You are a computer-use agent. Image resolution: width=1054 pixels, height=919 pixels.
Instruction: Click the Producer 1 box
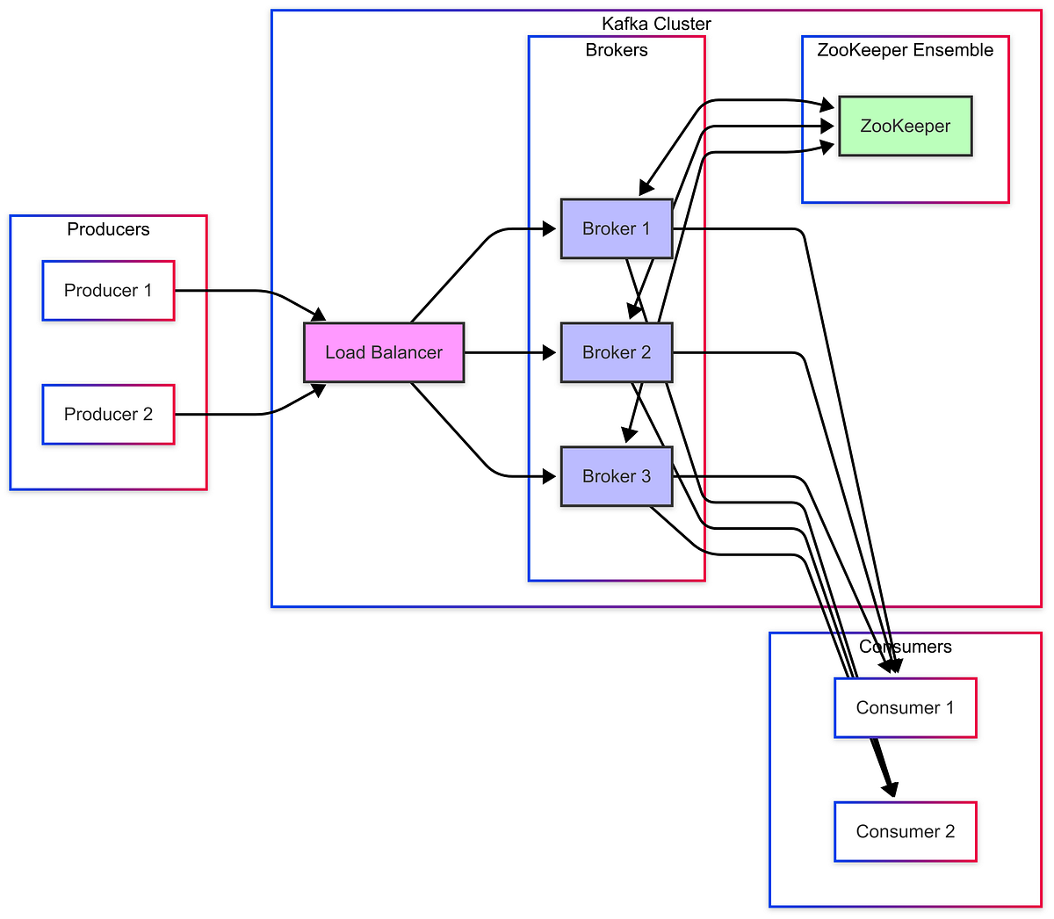click(108, 291)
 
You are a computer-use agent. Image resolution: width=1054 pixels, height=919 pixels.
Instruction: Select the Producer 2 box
click(108, 414)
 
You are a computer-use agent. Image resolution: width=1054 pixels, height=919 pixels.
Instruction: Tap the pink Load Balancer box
click(384, 352)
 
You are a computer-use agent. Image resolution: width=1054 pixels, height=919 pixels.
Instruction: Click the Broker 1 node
click(616, 228)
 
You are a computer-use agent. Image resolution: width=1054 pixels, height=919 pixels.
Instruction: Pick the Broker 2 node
click(616, 352)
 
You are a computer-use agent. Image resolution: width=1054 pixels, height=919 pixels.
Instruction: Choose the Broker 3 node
click(616, 476)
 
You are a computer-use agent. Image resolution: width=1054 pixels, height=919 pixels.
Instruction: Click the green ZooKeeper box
click(905, 126)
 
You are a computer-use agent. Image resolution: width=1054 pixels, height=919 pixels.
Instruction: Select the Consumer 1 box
click(905, 707)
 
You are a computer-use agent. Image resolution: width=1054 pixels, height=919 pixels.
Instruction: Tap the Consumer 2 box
click(905, 831)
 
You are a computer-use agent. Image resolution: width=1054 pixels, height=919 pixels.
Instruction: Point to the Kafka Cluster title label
click(656, 24)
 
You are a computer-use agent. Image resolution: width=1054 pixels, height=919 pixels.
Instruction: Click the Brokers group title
click(616, 50)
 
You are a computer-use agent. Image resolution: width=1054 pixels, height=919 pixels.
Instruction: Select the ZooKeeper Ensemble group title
click(905, 50)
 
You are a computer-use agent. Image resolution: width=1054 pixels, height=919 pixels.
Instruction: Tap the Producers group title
click(108, 229)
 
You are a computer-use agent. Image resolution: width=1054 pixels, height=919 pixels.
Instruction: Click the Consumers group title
click(905, 647)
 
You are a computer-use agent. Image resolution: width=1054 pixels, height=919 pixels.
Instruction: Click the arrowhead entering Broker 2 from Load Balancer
click(551, 352)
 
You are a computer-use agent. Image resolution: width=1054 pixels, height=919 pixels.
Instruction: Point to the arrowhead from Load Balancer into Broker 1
click(551, 228)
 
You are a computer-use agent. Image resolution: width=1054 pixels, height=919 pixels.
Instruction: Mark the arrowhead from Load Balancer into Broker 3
click(551, 476)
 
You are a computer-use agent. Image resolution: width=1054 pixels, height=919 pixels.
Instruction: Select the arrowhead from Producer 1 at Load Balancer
click(319, 315)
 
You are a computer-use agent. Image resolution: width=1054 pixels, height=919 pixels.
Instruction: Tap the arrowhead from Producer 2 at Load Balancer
click(319, 390)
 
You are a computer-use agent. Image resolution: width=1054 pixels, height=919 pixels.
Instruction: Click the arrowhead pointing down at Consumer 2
click(892, 790)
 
